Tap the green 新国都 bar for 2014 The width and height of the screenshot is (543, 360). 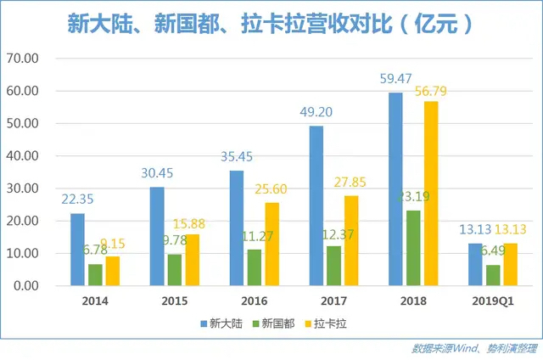95,275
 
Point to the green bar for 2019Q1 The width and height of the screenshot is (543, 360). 492,275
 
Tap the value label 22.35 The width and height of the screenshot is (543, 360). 79,200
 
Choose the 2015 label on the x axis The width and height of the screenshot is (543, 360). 173,301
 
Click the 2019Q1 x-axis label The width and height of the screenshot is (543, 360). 492,301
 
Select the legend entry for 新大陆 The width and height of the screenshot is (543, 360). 223,323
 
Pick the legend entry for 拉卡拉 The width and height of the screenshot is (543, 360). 332,323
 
